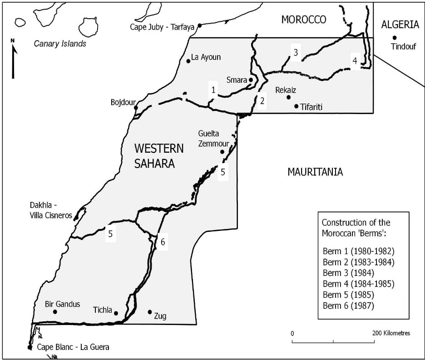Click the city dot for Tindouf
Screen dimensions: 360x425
tap(395, 38)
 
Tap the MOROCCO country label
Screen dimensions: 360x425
tap(304, 19)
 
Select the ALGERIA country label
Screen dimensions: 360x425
tap(400, 25)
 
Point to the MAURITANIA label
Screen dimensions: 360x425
tap(315, 172)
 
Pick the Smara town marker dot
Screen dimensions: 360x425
tap(251, 80)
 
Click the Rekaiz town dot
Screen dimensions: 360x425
tap(288, 97)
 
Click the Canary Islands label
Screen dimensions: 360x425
tap(60, 44)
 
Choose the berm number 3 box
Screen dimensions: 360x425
tap(295, 53)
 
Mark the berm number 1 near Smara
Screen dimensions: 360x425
tap(212, 90)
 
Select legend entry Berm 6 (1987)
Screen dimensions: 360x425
tap(348, 305)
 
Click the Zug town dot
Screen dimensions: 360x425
tap(150, 312)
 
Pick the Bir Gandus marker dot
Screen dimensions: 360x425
tap(55, 312)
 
